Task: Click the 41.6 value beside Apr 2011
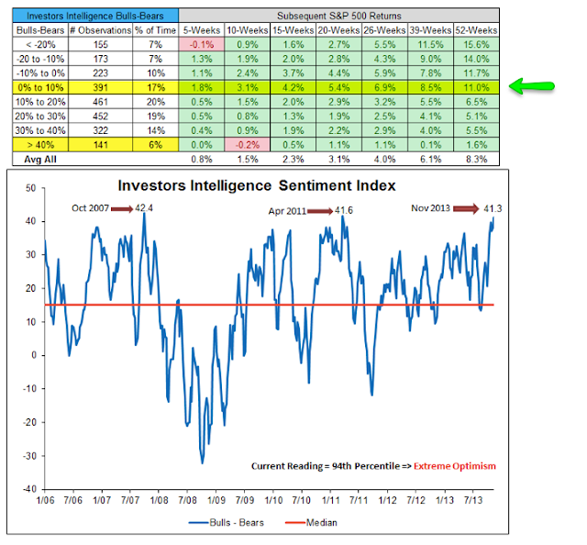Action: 345,211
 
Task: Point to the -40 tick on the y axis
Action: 29,489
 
